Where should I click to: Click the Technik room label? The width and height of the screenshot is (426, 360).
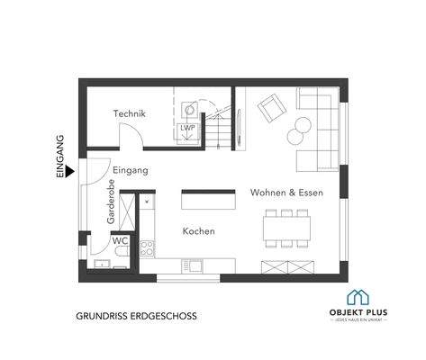(x=130, y=114)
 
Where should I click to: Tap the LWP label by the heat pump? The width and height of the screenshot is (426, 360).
(x=187, y=129)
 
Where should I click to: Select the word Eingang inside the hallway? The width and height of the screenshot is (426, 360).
(x=131, y=169)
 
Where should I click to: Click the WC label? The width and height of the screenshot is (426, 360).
(x=120, y=241)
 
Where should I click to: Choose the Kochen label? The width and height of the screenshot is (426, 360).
(x=198, y=231)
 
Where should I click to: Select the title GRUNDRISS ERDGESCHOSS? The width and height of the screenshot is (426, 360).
(x=136, y=317)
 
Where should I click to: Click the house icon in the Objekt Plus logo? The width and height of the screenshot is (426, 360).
(x=358, y=298)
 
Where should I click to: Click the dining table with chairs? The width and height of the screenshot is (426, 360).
(x=287, y=227)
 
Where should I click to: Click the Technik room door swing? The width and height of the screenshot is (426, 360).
(x=133, y=137)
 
